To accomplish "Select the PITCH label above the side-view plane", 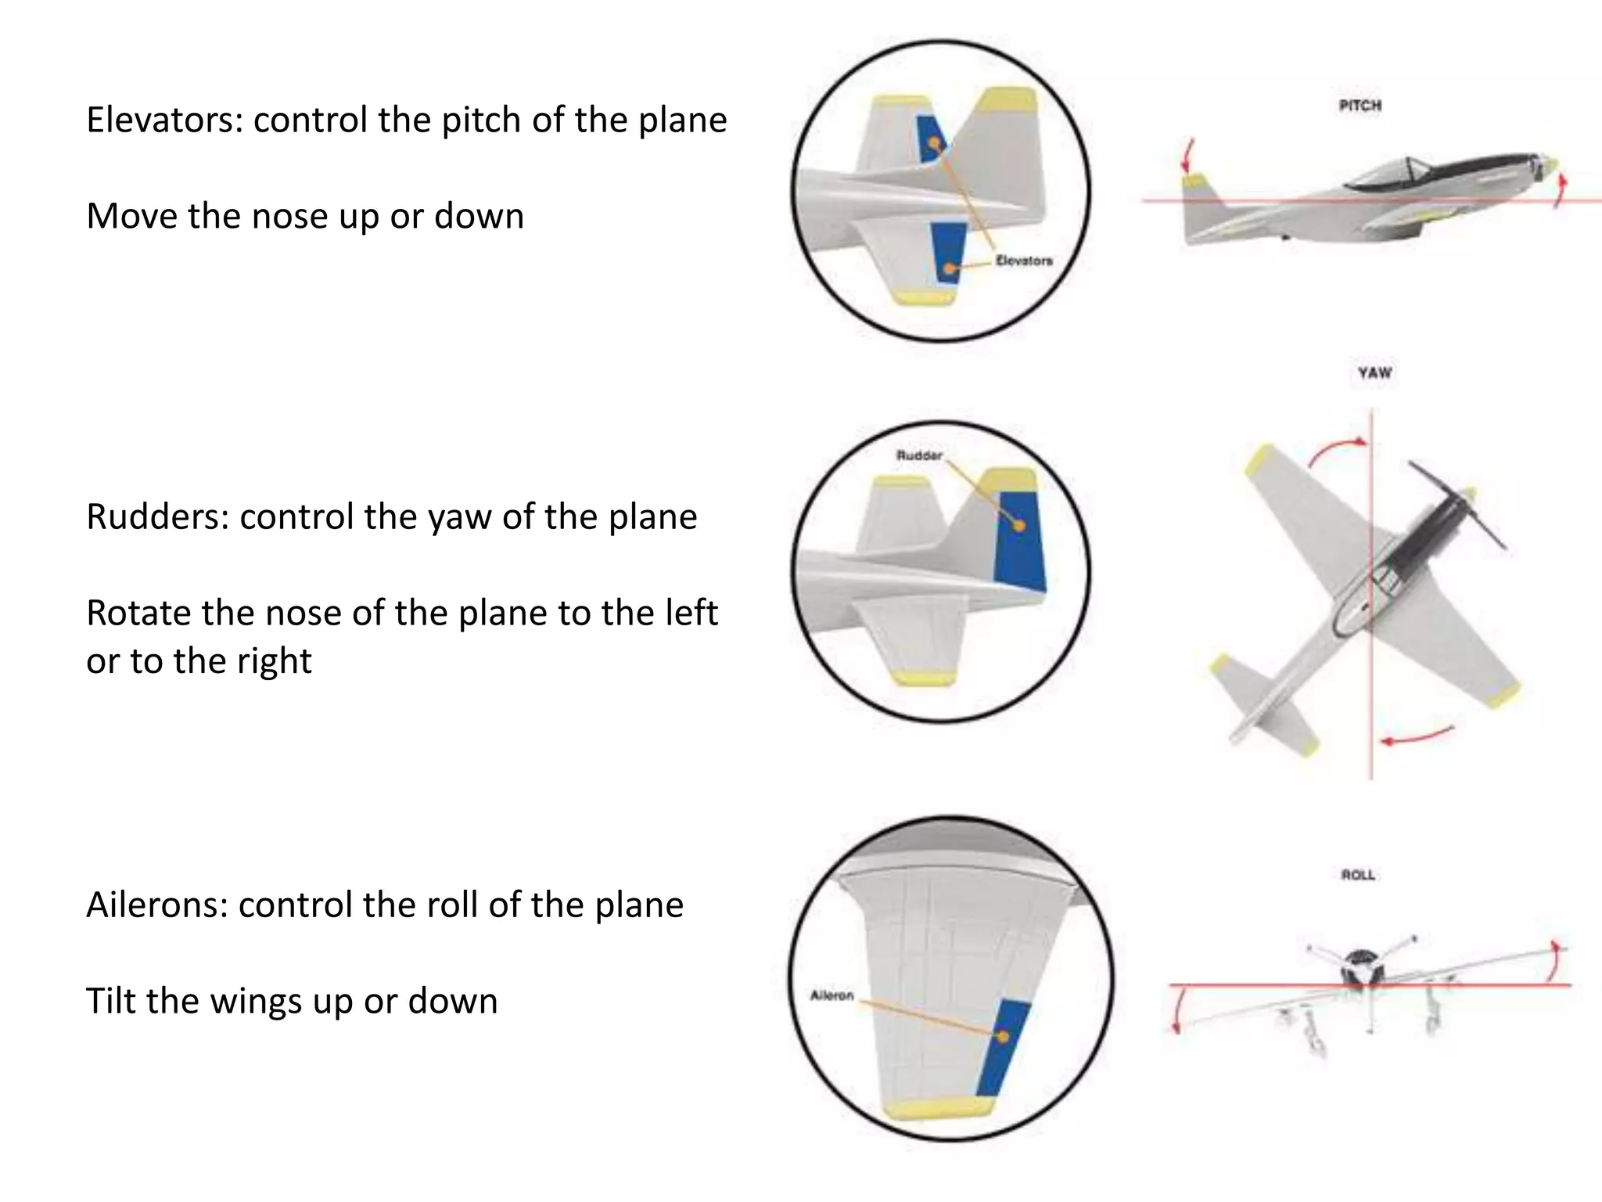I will click(1360, 106).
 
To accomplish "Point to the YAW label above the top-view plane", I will click(1374, 373).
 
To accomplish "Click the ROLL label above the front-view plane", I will click(1358, 875).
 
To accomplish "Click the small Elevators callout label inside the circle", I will click(1024, 261).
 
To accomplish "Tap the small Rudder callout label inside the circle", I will click(919, 455).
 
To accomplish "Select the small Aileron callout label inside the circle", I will click(832, 995).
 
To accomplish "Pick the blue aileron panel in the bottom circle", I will click(1002, 1049).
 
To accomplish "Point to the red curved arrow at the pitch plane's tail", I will click(1188, 156).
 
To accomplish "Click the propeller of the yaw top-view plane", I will click(1457, 505).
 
